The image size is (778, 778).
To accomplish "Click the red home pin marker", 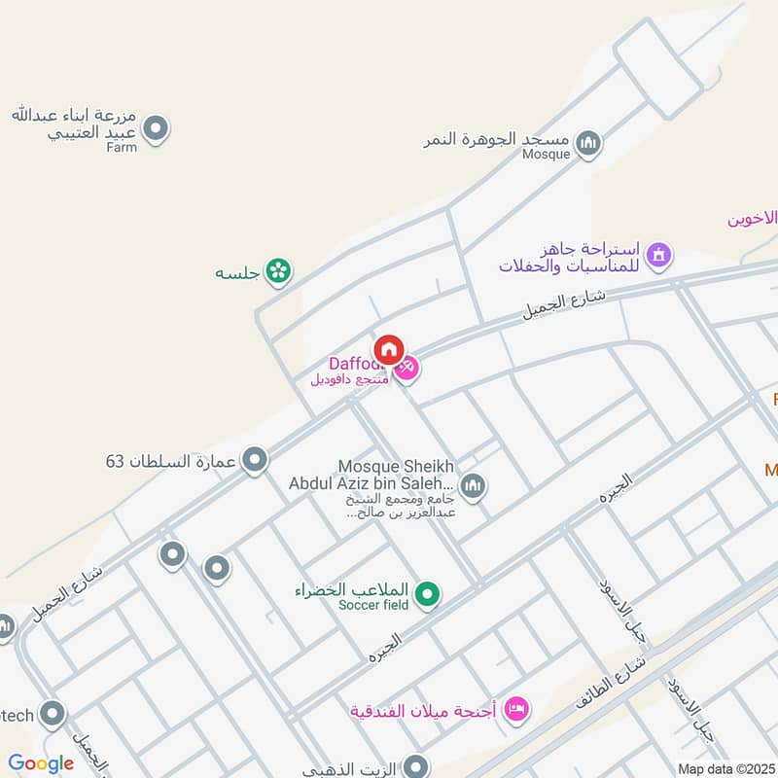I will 389,349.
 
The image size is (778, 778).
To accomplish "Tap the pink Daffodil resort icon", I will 407,367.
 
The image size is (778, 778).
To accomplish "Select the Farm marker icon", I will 155,128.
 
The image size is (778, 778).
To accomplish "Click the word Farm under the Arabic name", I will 122,147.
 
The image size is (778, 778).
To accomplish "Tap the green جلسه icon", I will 279,272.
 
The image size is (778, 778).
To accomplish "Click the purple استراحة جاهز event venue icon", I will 660,256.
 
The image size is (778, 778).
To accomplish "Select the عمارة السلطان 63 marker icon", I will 255,460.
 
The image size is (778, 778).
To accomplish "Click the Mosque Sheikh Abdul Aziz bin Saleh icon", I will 473,485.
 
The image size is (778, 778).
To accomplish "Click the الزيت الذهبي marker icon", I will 416,767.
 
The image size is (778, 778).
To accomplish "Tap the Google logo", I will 41,764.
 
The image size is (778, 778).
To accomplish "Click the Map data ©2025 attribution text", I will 725,768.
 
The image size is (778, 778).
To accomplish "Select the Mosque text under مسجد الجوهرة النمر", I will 546,155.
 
